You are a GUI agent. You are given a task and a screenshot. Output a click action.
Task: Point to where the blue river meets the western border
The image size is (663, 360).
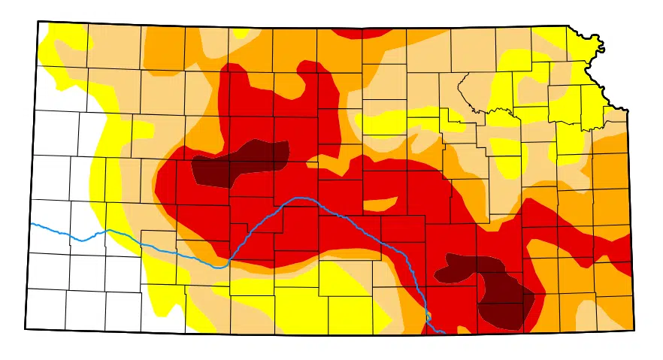32,224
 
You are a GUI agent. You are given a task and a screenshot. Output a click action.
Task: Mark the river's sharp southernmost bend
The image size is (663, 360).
219,266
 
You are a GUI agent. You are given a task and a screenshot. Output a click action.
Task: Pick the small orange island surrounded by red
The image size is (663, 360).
380,204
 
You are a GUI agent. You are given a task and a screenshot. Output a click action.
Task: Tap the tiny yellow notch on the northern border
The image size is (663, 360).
241,32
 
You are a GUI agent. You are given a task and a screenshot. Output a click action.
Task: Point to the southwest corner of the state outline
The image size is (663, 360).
26,328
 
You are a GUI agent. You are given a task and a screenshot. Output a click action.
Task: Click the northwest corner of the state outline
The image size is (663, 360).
38,22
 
